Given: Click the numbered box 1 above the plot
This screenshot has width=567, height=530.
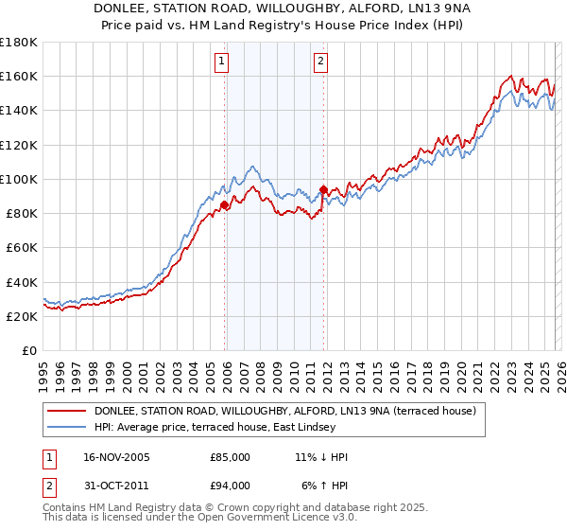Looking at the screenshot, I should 221,62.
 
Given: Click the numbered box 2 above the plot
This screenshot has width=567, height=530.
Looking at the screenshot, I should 321,62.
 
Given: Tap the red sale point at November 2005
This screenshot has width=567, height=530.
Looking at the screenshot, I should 225,204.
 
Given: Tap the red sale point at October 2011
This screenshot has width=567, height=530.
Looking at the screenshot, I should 324,189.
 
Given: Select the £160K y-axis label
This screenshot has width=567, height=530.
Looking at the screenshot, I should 19,76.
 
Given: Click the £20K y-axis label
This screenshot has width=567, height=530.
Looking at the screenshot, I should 22,317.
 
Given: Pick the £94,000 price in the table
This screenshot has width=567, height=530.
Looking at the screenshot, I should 230,486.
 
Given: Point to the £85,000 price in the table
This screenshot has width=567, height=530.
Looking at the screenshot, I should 230,457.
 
